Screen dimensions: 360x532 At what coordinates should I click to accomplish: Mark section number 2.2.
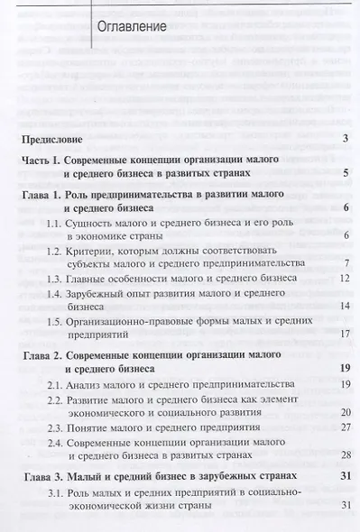[56, 399]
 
